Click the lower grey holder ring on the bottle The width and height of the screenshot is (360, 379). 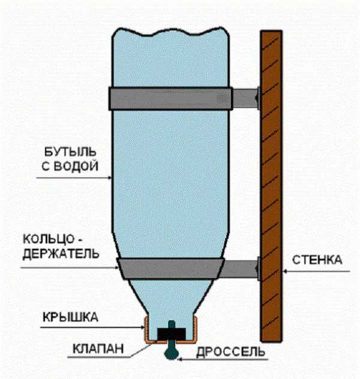point(170,268)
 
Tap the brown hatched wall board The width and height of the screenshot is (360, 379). point(271,186)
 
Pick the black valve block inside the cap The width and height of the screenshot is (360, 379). point(170,333)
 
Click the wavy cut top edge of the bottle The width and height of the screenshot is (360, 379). point(170,30)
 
